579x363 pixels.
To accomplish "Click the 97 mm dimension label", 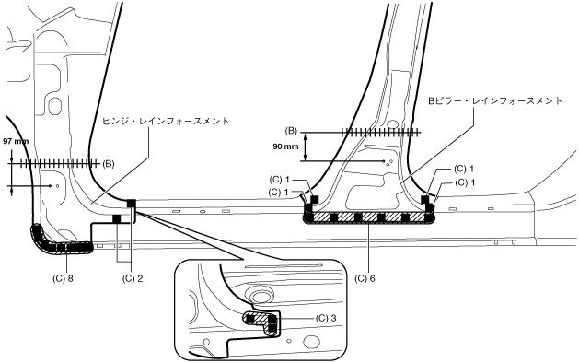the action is [16, 141].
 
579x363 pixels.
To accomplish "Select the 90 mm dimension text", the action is [285, 146].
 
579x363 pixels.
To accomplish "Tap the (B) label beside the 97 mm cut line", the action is [109, 163].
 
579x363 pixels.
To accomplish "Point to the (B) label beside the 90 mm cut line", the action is [291, 131].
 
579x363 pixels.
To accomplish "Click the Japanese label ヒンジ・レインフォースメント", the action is [166, 121].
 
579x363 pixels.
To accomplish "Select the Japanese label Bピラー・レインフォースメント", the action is [495, 100].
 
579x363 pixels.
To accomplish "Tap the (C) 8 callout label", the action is [63, 278].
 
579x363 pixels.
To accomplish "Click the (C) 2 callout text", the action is [133, 278].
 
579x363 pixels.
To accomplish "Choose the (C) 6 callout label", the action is [365, 278].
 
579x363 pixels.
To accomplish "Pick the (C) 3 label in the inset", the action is [326, 318].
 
